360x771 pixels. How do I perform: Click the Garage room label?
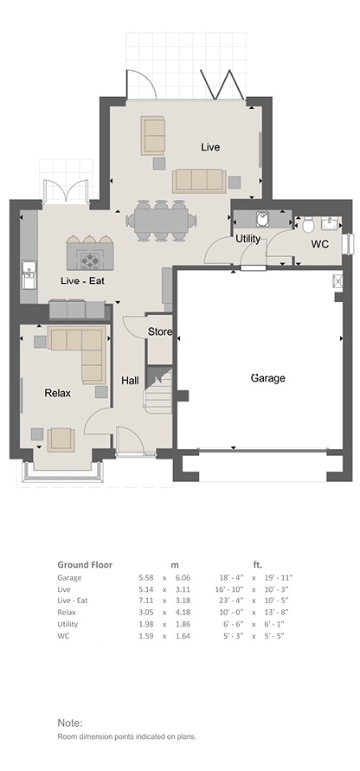(268, 378)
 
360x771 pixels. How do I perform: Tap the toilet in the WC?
(308, 225)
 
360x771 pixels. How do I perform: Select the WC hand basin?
(330, 224)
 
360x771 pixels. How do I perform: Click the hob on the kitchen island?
(90, 260)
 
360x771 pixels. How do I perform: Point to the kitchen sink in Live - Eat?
(28, 274)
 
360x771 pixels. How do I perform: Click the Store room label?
(160, 332)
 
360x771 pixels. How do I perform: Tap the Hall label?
(130, 381)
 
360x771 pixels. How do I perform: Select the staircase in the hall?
(159, 390)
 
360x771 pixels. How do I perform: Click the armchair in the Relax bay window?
(61, 440)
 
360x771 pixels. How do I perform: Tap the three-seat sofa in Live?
(199, 181)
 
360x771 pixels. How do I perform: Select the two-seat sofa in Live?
(152, 135)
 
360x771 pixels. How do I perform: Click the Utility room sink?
(262, 218)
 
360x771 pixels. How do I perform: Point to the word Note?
(70, 723)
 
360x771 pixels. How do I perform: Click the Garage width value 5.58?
(146, 578)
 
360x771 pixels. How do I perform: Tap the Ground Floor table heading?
(85, 564)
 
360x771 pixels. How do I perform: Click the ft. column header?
(257, 564)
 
